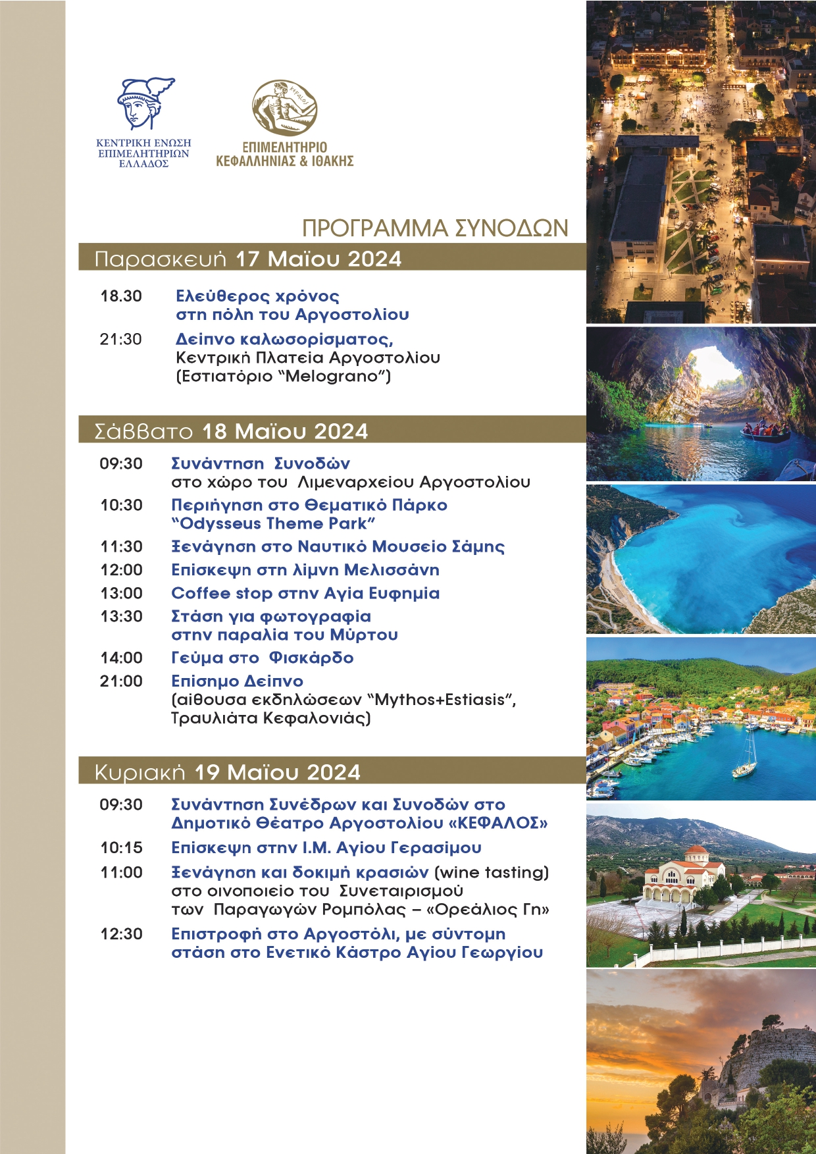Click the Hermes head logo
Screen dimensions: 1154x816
click(x=145, y=103)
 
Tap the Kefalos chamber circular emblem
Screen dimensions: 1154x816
click(x=285, y=109)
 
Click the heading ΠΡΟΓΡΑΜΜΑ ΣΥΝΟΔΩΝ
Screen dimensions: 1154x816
click(x=435, y=228)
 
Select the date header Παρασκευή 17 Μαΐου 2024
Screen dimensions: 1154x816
click(x=248, y=259)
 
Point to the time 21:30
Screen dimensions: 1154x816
click(x=121, y=339)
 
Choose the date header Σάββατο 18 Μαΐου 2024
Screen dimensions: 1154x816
click(x=231, y=431)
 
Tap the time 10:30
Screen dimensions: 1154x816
click(x=122, y=505)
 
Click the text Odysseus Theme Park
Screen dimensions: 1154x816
click(x=273, y=523)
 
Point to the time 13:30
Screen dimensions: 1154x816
click(x=122, y=616)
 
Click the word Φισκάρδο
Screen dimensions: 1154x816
click(x=312, y=658)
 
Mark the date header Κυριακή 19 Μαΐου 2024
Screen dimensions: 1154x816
click(x=228, y=772)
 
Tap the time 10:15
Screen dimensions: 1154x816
click(x=122, y=847)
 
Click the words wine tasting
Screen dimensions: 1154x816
click(x=492, y=872)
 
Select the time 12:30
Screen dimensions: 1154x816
click(x=122, y=933)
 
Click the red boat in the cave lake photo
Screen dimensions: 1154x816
click(x=765, y=431)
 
